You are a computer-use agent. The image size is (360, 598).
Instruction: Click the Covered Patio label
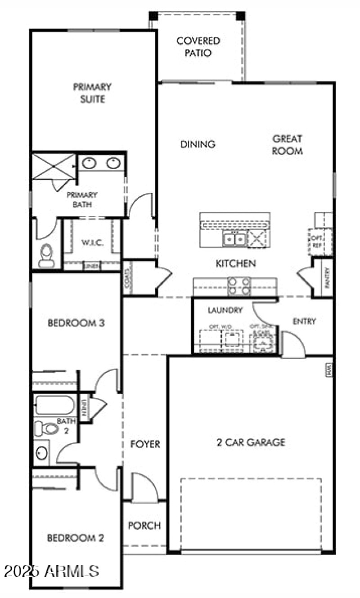pyautogui.click(x=198, y=47)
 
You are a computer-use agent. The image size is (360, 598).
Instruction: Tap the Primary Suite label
pyautogui.click(x=92, y=93)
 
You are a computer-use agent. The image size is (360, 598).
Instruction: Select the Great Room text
pyautogui.click(x=287, y=145)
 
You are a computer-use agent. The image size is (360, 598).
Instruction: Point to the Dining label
pyautogui.click(x=198, y=144)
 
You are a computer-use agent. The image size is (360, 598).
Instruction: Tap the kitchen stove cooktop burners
pyautogui.click(x=239, y=286)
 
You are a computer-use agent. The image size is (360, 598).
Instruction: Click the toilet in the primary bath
pyautogui.click(x=46, y=254)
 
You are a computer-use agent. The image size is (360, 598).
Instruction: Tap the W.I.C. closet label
pyautogui.click(x=93, y=243)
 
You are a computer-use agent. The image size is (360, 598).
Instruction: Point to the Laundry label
pyautogui.click(x=225, y=310)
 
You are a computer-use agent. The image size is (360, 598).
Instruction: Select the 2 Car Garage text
pyautogui.click(x=251, y=442)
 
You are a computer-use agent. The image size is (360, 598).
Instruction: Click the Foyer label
pyautogui.click(x=145, y=445)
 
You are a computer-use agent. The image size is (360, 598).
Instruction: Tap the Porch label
pyautogui.click(x=144, y=525)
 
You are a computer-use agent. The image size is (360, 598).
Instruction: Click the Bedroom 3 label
pyautogui.click(x=76, y=323)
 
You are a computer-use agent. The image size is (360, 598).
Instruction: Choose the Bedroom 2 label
pyautogui.click(x=76, y=538)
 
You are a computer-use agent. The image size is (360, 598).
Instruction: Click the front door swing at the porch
pyautogui.click(x=144, y=488)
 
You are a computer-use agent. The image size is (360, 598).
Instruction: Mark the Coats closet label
pyautogui.click(x=128, y=277)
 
